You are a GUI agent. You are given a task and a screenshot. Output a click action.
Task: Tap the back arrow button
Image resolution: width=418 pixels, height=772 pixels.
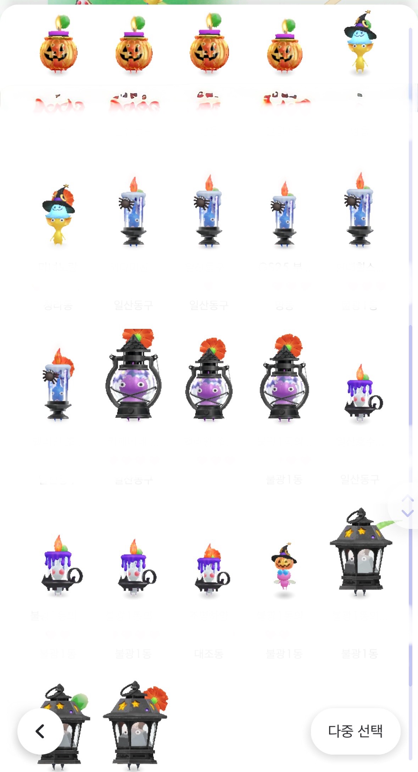pyautogui.click(x=40, y=731)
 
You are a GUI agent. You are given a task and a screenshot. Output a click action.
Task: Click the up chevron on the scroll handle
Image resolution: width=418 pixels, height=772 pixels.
pyautogui.click(x=407, y=499)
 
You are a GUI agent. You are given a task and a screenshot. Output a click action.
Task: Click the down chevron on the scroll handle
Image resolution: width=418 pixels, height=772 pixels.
pyautogui.click(x=407, y=513)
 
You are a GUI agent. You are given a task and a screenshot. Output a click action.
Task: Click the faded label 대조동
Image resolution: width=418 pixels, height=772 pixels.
pyautogui.click(x=209, y=654)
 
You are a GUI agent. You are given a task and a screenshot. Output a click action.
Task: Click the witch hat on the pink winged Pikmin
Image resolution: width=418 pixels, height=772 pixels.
pyautogui.click(x=284, y=552)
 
